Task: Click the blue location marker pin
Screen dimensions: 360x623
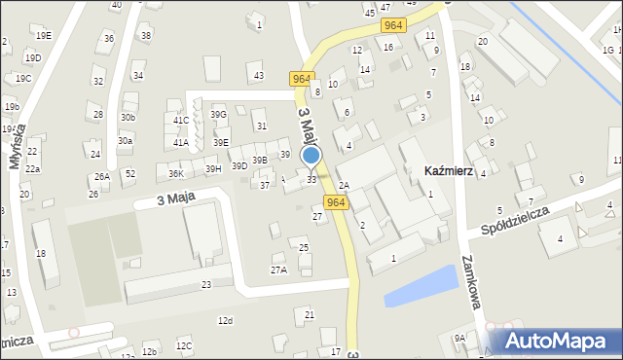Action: coord(311,156)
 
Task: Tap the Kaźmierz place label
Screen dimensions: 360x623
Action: coord(449,170)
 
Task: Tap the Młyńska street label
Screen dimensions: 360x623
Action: coord(16,147)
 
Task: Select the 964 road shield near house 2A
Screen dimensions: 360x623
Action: coord(336,202)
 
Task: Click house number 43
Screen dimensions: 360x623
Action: coord(258,75)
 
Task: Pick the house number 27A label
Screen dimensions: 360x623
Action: coord(278,270)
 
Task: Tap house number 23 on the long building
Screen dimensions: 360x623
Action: coord(205,284)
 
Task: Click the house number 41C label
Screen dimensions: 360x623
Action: coord(181,120)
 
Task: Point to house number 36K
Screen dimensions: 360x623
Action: coord(175,173)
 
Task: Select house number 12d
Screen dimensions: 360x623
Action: coord(225,320)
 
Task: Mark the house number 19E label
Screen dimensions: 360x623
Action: coord(44,35)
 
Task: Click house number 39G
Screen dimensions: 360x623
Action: coord(218,115)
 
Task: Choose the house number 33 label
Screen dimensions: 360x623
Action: coord(311,179)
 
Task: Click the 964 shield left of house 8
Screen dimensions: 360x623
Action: coord(300,79)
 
